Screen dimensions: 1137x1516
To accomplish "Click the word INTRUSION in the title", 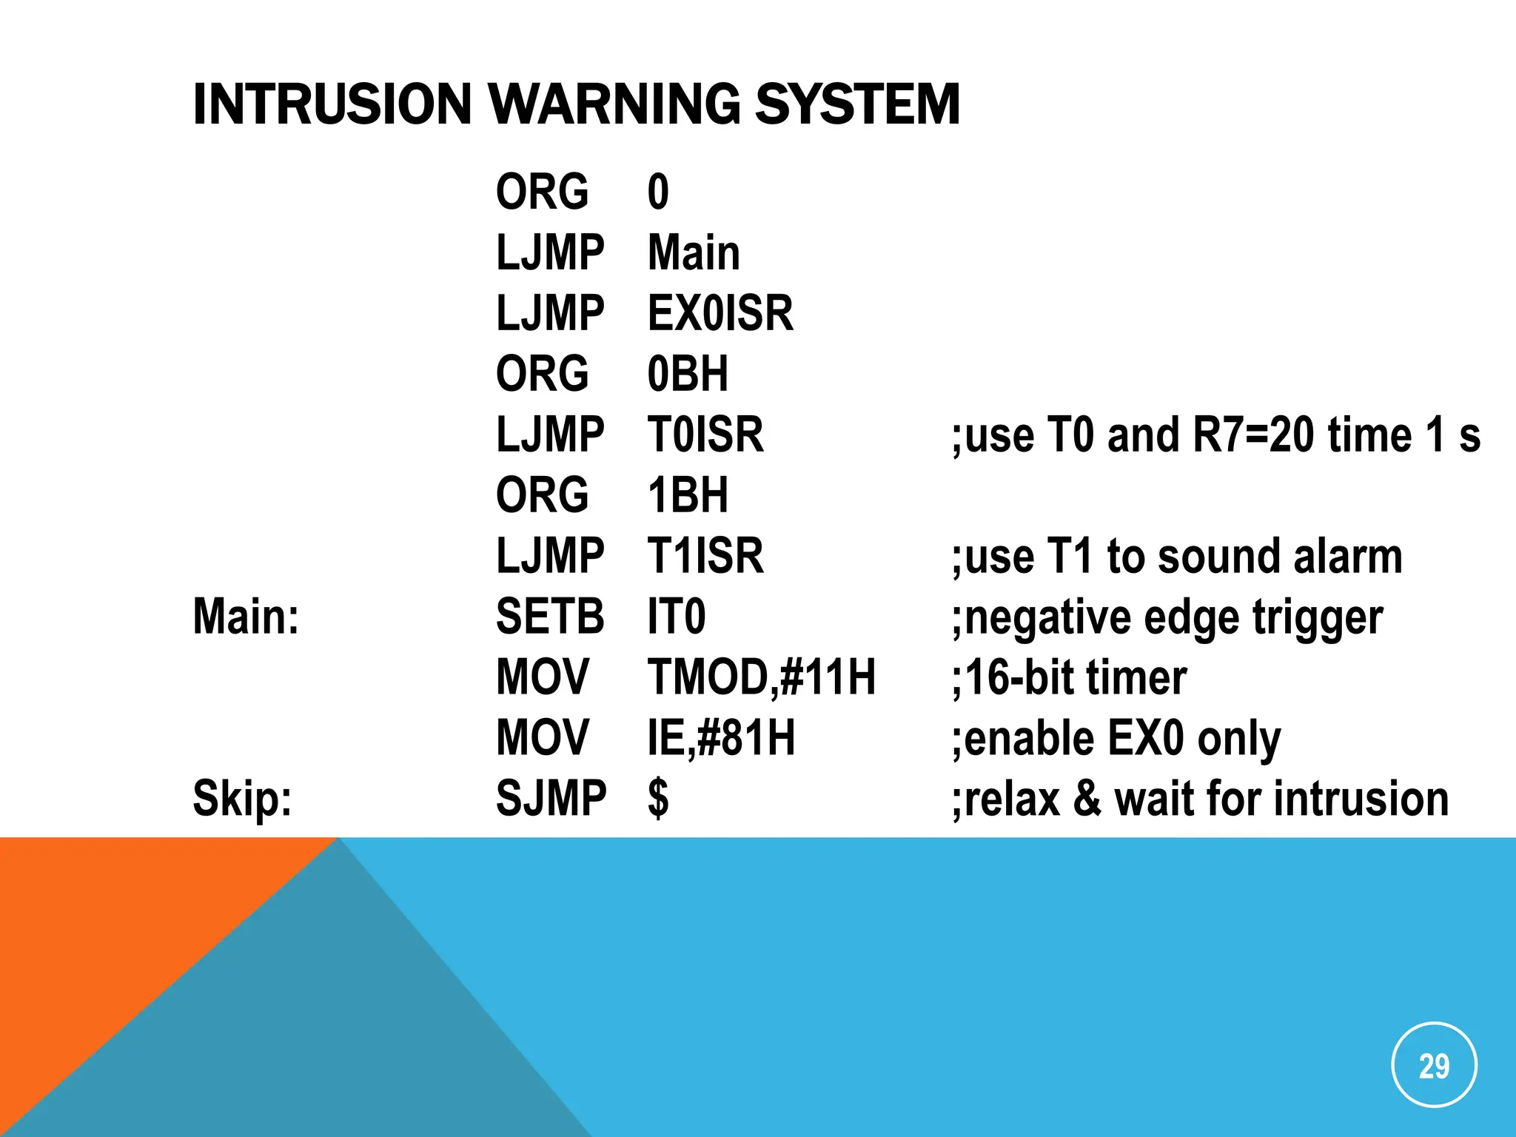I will pyautogui.click(x=332, y=104).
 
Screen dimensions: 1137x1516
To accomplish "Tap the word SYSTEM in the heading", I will pyautogui.click(x=857, y=104).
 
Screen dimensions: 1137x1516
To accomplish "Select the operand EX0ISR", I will pyautogui.click(x=720, y=313).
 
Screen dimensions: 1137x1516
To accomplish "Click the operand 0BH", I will pyautogui.click(x=688, y=374).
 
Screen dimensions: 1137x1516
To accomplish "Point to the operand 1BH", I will pyautogui.click(x=688, y=495).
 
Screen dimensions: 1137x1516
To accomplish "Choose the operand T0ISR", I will pyautogui.click(x=705, y=435).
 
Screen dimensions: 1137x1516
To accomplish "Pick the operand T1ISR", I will pyautogui.click(x=705, y=556).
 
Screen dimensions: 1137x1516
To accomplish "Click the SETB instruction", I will pyautogui.click(x=550, y=617).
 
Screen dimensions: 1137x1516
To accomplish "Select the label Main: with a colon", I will pyautogui.click(x=246, y=617).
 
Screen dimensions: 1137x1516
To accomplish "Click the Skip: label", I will pyautogui.click(x=242, y=799).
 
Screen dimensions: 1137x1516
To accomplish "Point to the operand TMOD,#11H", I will pyautogui.click(x=762, y=677).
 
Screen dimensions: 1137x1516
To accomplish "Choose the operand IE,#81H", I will pyautogui.click(x=721, y=738).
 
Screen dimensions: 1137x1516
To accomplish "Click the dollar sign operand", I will pyautogui.click(x=658, y=799).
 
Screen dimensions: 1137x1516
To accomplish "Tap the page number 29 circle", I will pyautogui.click(x=1434, y=1066).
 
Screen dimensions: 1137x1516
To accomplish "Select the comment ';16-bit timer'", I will pyautogui.click(x=1069, y=677).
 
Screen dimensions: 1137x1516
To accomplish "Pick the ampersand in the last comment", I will pyautogui.click(x=1086, y=799).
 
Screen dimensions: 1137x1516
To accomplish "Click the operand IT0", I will pyautogui.click(x=677, y=617).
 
